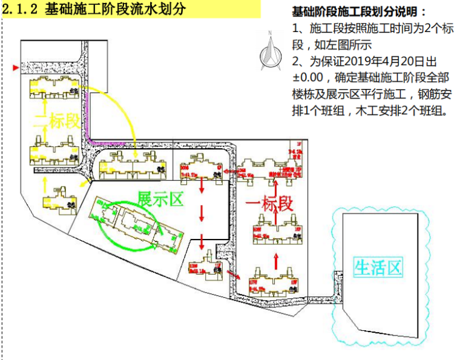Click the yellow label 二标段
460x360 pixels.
[59, 121]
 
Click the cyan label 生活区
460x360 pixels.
[378, 267]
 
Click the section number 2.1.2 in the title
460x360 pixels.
[22, 10]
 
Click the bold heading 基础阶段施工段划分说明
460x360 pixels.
[359, 11]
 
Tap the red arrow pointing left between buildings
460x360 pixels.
[229, 172]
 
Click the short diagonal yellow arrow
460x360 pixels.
[87, 182]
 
